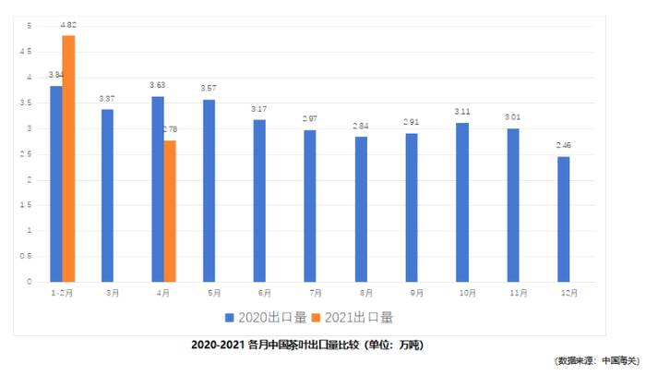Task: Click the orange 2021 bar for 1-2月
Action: pos(68,158)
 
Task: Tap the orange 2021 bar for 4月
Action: pos(170,211)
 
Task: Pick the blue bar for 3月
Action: pos(108,195)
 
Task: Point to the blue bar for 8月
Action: pos(361,209)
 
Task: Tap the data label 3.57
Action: pos(209,90)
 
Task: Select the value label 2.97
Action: pos(310,120)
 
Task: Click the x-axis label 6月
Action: pos(264,293)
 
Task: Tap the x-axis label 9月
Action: pos(416,293)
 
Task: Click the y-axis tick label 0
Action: pos(30,281)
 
